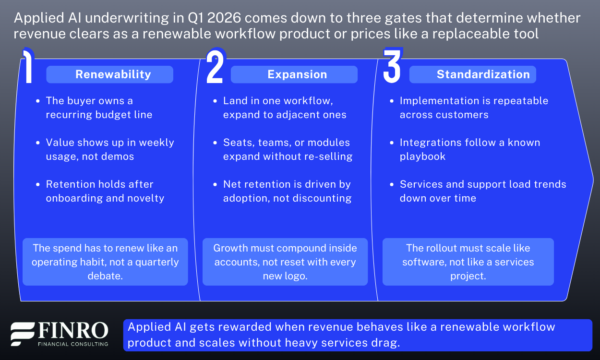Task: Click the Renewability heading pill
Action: (109, 74)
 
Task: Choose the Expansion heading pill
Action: (294, 74)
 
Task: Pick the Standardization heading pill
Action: (472, 74)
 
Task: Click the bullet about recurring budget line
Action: (98, 108)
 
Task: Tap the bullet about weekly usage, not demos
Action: (109, 149)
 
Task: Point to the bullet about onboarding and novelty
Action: (105, 191)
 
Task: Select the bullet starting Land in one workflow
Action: (284, 108)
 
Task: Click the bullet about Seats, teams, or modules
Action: (287, 149)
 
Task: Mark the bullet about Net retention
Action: (287, 191)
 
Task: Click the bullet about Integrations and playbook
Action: (469, 149)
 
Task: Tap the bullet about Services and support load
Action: (482, 191)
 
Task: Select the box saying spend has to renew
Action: (105, 262)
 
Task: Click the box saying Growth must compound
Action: (285, 262)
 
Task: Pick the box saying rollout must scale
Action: (468, 262)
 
